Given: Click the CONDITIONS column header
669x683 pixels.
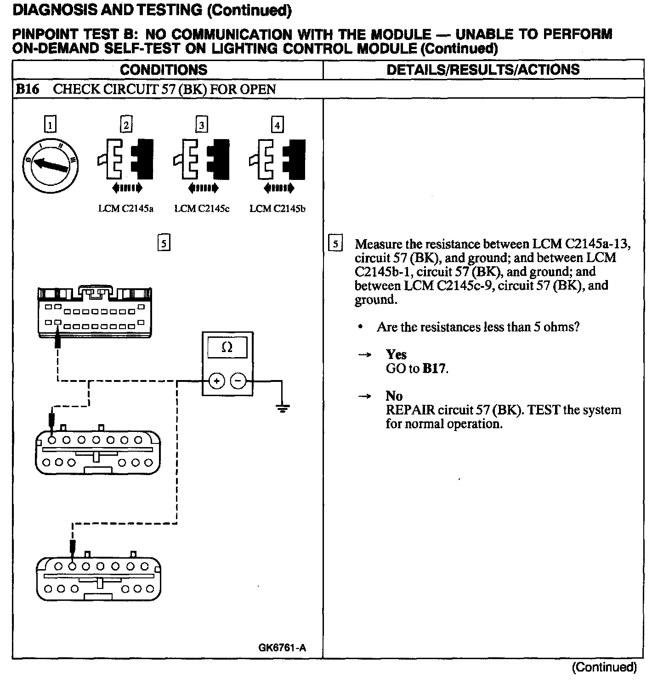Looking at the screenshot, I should point(164,70).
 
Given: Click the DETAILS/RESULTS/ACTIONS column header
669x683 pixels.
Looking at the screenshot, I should point(483,70).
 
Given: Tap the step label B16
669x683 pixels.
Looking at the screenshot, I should point(28,89).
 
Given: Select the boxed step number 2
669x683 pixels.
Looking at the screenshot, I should point(126,125).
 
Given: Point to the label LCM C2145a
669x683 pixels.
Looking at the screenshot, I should point(126,209).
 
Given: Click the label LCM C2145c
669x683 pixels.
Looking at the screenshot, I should point(202,209).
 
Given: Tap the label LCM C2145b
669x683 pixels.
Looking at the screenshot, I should point(278,209).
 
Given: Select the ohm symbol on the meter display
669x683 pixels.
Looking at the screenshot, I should point(227,347).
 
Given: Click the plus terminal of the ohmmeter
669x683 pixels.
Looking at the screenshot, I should point(217,381).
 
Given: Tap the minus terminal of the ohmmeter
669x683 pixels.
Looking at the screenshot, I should point(238,381).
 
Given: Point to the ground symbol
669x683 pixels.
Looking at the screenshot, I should point(283,408).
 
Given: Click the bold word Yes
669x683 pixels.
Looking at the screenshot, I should point(396,354).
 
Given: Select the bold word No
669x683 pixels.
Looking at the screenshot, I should point(394,396).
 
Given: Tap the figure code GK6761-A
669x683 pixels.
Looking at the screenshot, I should point(282,648).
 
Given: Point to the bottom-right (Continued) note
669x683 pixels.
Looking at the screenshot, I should point(604,667).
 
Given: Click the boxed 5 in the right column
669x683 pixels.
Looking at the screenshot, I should point(336,244).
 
